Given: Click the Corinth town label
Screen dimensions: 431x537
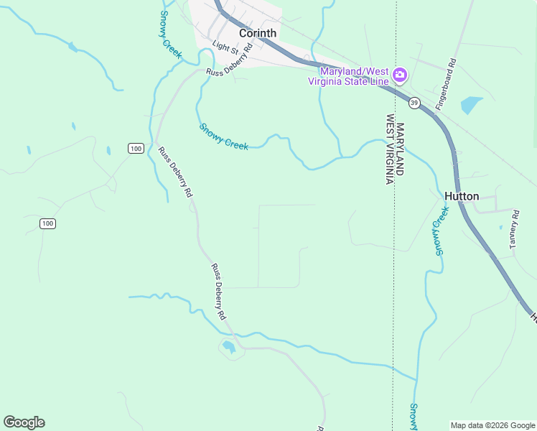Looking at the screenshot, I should click(257, 33).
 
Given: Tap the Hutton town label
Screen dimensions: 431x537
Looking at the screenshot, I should click(462, 196).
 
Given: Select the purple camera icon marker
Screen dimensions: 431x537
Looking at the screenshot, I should click(400, 75).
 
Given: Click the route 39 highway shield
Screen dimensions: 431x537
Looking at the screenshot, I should click(414, 103).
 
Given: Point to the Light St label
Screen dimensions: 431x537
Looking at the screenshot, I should click(225, 47).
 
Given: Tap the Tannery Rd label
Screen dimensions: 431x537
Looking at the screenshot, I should click(514, 230).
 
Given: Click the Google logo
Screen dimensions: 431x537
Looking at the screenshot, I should click(24, 422).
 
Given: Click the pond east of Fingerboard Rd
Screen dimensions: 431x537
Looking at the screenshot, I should click(471, 105).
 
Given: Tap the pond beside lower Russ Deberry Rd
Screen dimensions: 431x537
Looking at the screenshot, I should click(229, 348).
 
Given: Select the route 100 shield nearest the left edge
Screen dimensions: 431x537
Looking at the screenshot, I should click(47, 224).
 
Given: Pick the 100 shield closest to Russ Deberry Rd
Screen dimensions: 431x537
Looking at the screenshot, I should click(136, 148).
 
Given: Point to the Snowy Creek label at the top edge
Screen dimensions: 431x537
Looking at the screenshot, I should click(171, 34).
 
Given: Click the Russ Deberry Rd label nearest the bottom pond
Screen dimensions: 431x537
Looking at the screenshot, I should click(218, 292).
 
